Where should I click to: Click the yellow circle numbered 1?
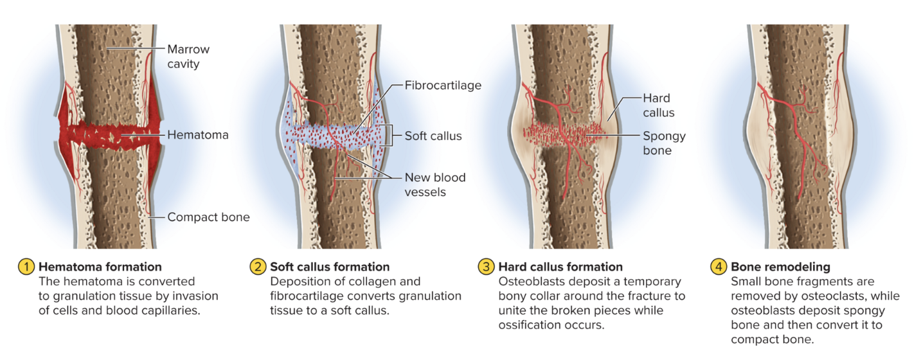click(x=26, y=267)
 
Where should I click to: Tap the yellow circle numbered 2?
click(x=257, y=267)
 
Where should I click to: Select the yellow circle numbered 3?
click(x=486, y=267)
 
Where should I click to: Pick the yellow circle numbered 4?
click(x=718, y=267)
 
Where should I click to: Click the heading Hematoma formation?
click(x=100, y=267)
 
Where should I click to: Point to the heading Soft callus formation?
click(x=330, y=267)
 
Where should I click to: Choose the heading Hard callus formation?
click(x=560, y=267)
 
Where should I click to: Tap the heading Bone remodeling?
click(x=780, y=267)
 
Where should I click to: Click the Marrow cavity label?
click(x=188, y=57)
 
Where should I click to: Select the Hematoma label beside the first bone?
click(x=198, y=135)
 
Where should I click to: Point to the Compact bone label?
click(x=208, y=217)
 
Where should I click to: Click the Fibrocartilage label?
click(x=443, y=85)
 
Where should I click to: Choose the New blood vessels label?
click(x=435, y=184)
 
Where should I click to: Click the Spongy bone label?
click(x=664, y=143)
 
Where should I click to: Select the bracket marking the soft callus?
click(x=389, y=136)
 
